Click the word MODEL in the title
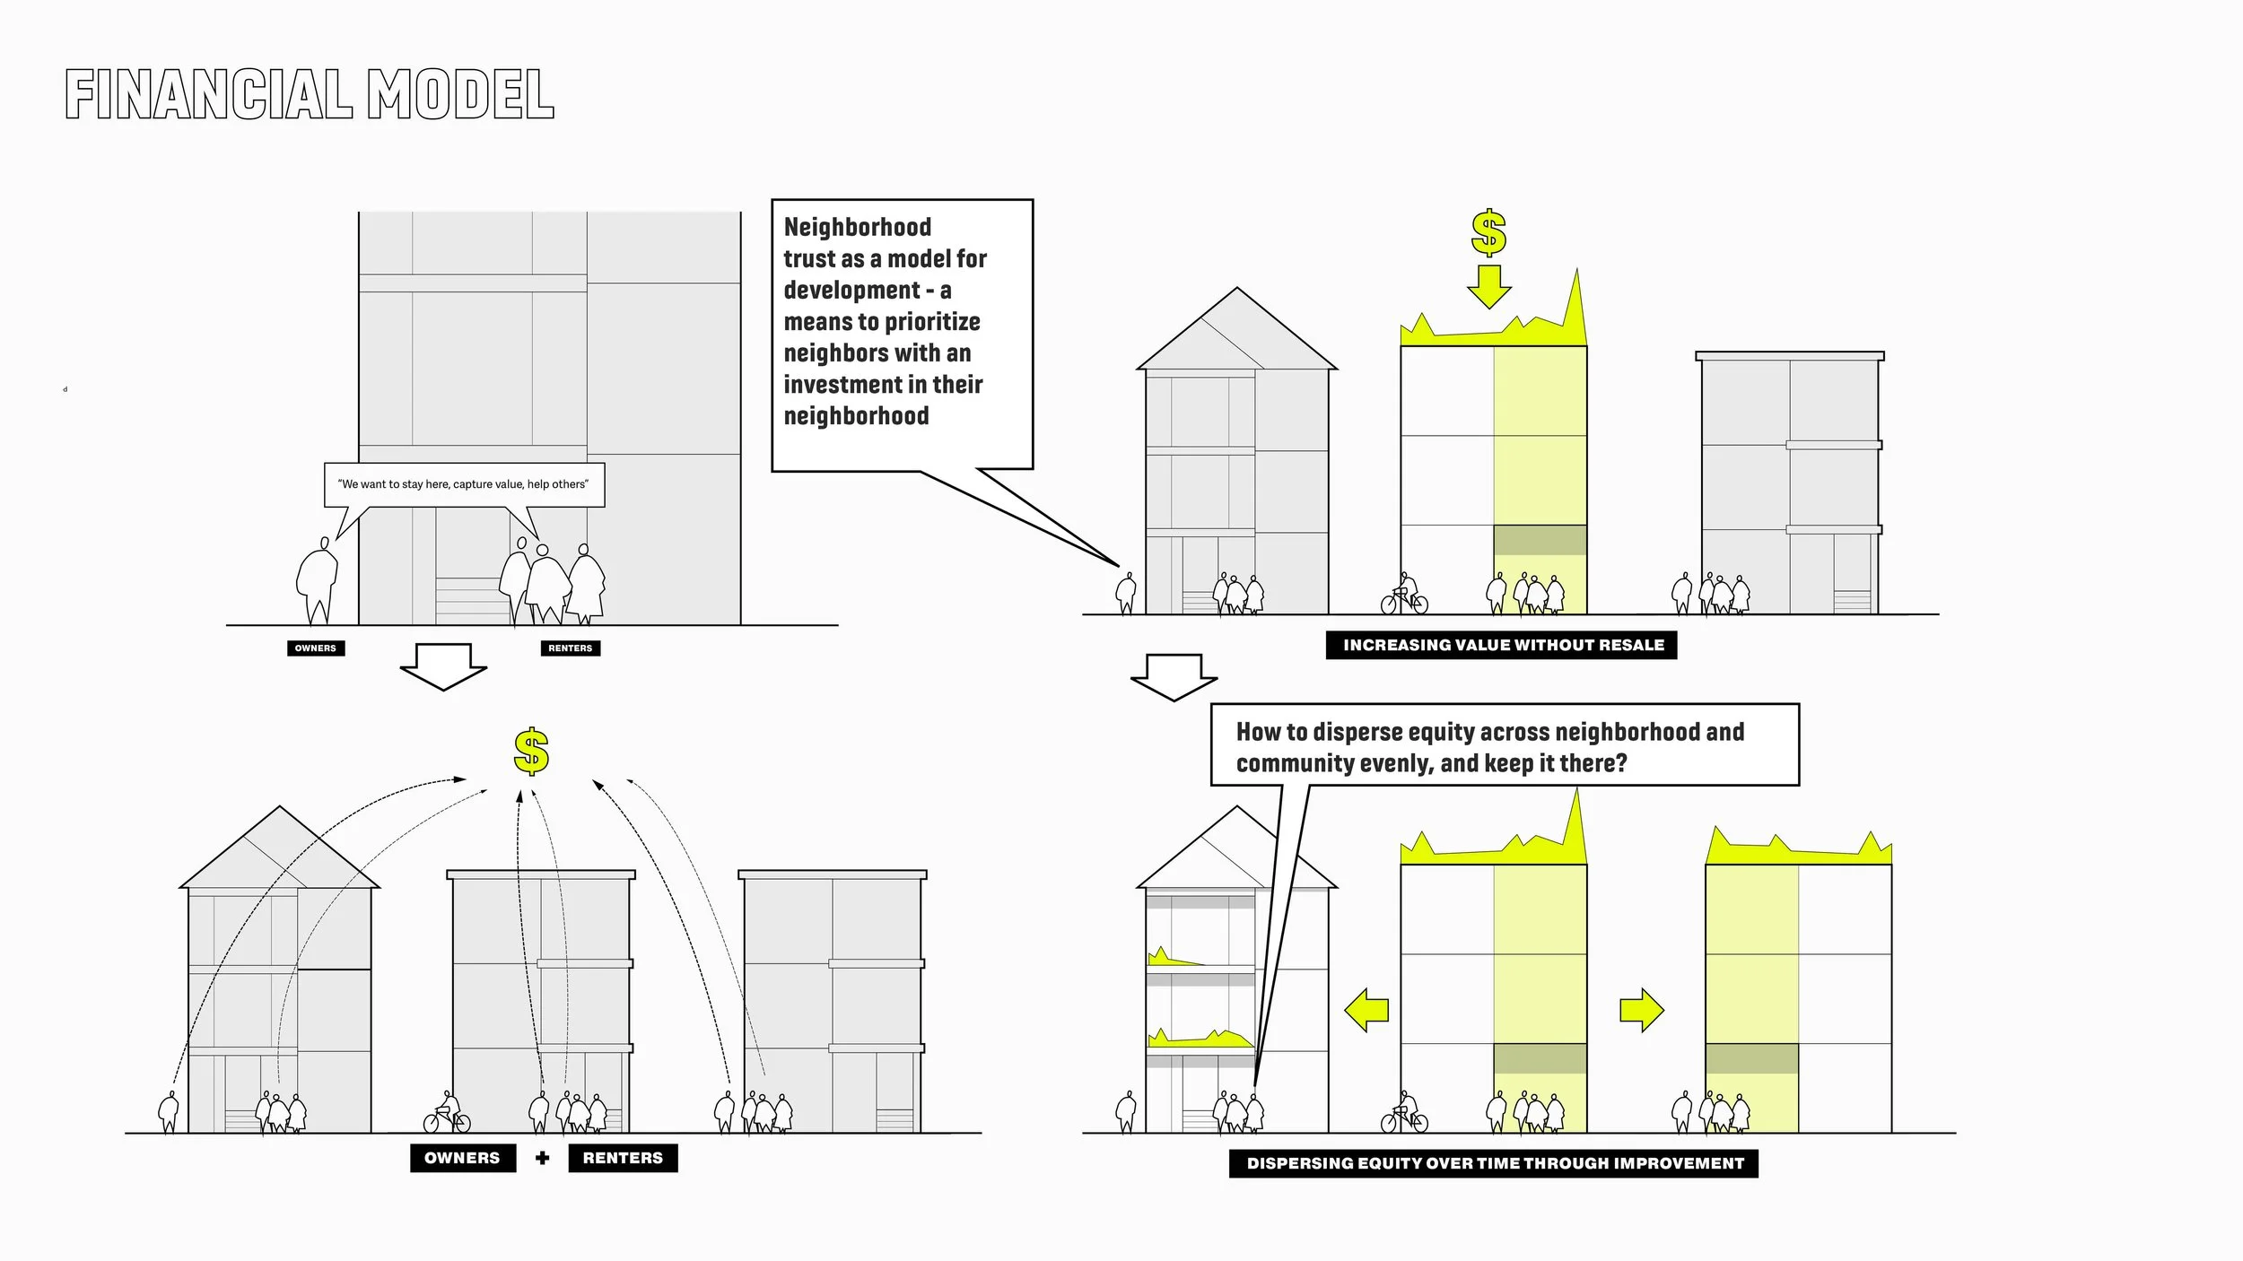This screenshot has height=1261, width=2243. point(461,95)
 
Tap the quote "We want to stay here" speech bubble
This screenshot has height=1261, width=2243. point(463,484)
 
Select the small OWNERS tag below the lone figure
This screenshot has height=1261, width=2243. point(316,648)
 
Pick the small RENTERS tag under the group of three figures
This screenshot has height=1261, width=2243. point(571,648)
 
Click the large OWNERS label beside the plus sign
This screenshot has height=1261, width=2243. point(462,1158)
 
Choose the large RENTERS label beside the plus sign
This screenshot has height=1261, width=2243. point(623,1158)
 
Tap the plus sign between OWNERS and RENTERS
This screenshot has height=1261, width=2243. point(542,1158)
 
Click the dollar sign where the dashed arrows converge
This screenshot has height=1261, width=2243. point(531,752)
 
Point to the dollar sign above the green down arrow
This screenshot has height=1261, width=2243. point(1488,232)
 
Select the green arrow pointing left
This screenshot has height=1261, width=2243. point(1366,1011)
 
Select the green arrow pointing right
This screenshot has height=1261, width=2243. point(1642,1011)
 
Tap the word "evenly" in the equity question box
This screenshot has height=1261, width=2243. point(1396,763)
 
